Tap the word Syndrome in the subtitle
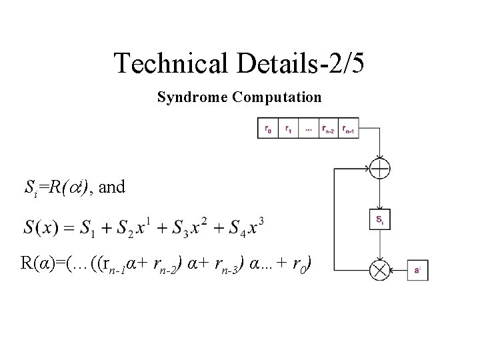coord(192,97)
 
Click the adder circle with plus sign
coord(379,169)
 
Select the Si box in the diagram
coord(379,221)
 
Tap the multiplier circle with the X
coord(379,271)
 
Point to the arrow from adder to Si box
coord(379,196)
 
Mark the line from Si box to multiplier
coord(379,245)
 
